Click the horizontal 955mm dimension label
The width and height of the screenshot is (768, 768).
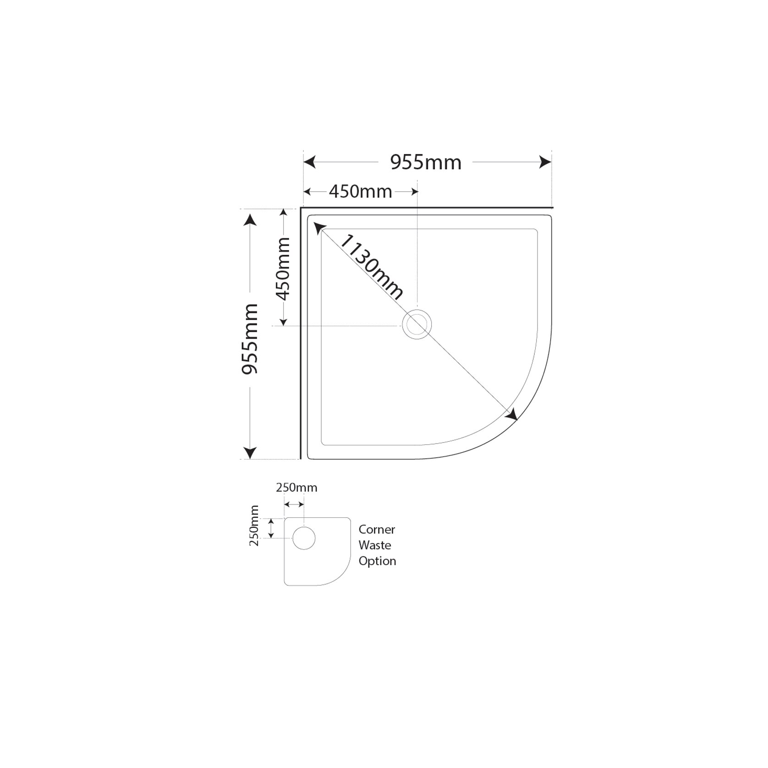click(426, 163)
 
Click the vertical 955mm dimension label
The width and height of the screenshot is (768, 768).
click(250, 339)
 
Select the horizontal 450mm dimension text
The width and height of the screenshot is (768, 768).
click(360, 192)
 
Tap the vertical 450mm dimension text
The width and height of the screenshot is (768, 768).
click(283, 269)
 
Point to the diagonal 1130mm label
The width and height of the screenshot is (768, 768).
click(372, 267)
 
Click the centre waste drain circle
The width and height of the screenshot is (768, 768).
click(417, 325)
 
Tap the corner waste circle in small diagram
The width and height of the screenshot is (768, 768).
click(303, 538)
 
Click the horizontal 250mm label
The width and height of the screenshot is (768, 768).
click(296, 488)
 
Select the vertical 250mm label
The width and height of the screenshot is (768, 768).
click(254, 526)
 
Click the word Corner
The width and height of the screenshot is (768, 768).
click(377, 530)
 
